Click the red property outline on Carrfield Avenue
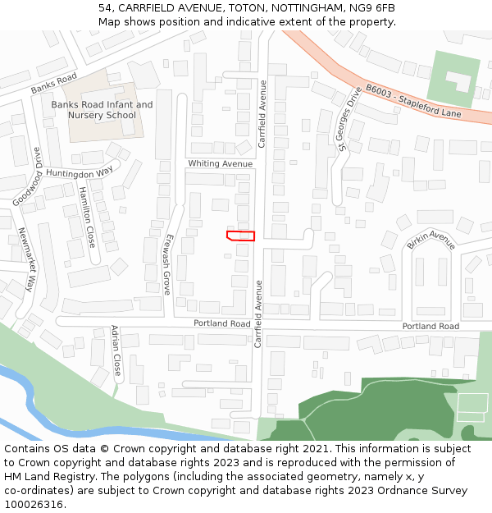[240, 236]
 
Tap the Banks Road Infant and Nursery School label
[102, 110]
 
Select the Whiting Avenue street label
[220, 163]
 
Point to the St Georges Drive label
[348, 119]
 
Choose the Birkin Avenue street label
[430, 240]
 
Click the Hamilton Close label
[87, 217]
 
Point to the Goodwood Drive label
[27, 177]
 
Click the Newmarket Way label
[27, 259]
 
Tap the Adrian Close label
[116, 350]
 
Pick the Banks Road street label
[53, 83]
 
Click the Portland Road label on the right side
[430, 326]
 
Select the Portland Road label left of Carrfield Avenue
[222, 323]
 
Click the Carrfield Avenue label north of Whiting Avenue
[263, 114]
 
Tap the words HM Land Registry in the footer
[43, 477]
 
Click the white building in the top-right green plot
[458, 80]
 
